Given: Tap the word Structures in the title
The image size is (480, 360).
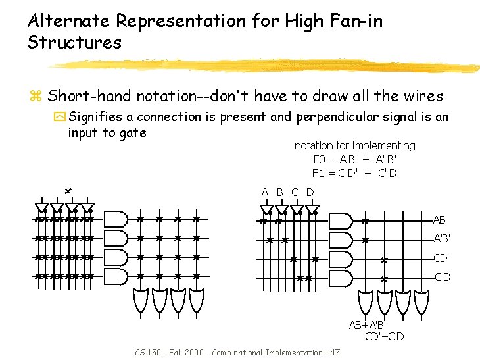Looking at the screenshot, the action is (x=74, y=43).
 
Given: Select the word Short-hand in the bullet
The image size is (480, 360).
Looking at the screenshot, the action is (x=89, y=97).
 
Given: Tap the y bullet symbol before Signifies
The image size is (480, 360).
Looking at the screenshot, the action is (x=59, y=117).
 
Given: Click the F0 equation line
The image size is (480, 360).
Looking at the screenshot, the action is (x=355, y=159).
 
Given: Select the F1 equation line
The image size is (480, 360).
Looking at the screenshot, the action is (x=355, y=173).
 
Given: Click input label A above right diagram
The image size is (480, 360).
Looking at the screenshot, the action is (x=265, y=192).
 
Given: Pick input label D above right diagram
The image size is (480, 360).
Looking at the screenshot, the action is (x=310, y=192).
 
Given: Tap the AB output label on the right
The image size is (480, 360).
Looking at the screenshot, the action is (x=439, y=220).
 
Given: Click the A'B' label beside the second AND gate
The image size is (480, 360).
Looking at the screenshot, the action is (x=441, y=239).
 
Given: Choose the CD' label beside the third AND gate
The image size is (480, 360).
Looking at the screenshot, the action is (x=441, y=258).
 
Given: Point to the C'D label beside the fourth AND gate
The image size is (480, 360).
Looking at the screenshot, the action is (x=442, y=277).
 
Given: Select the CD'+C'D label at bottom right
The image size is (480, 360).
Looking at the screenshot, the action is (x=385, y=337).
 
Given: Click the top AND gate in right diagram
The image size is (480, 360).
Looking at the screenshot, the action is (x=340, y=220).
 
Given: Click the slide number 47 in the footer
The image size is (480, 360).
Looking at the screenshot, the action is (x=334, y=353).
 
